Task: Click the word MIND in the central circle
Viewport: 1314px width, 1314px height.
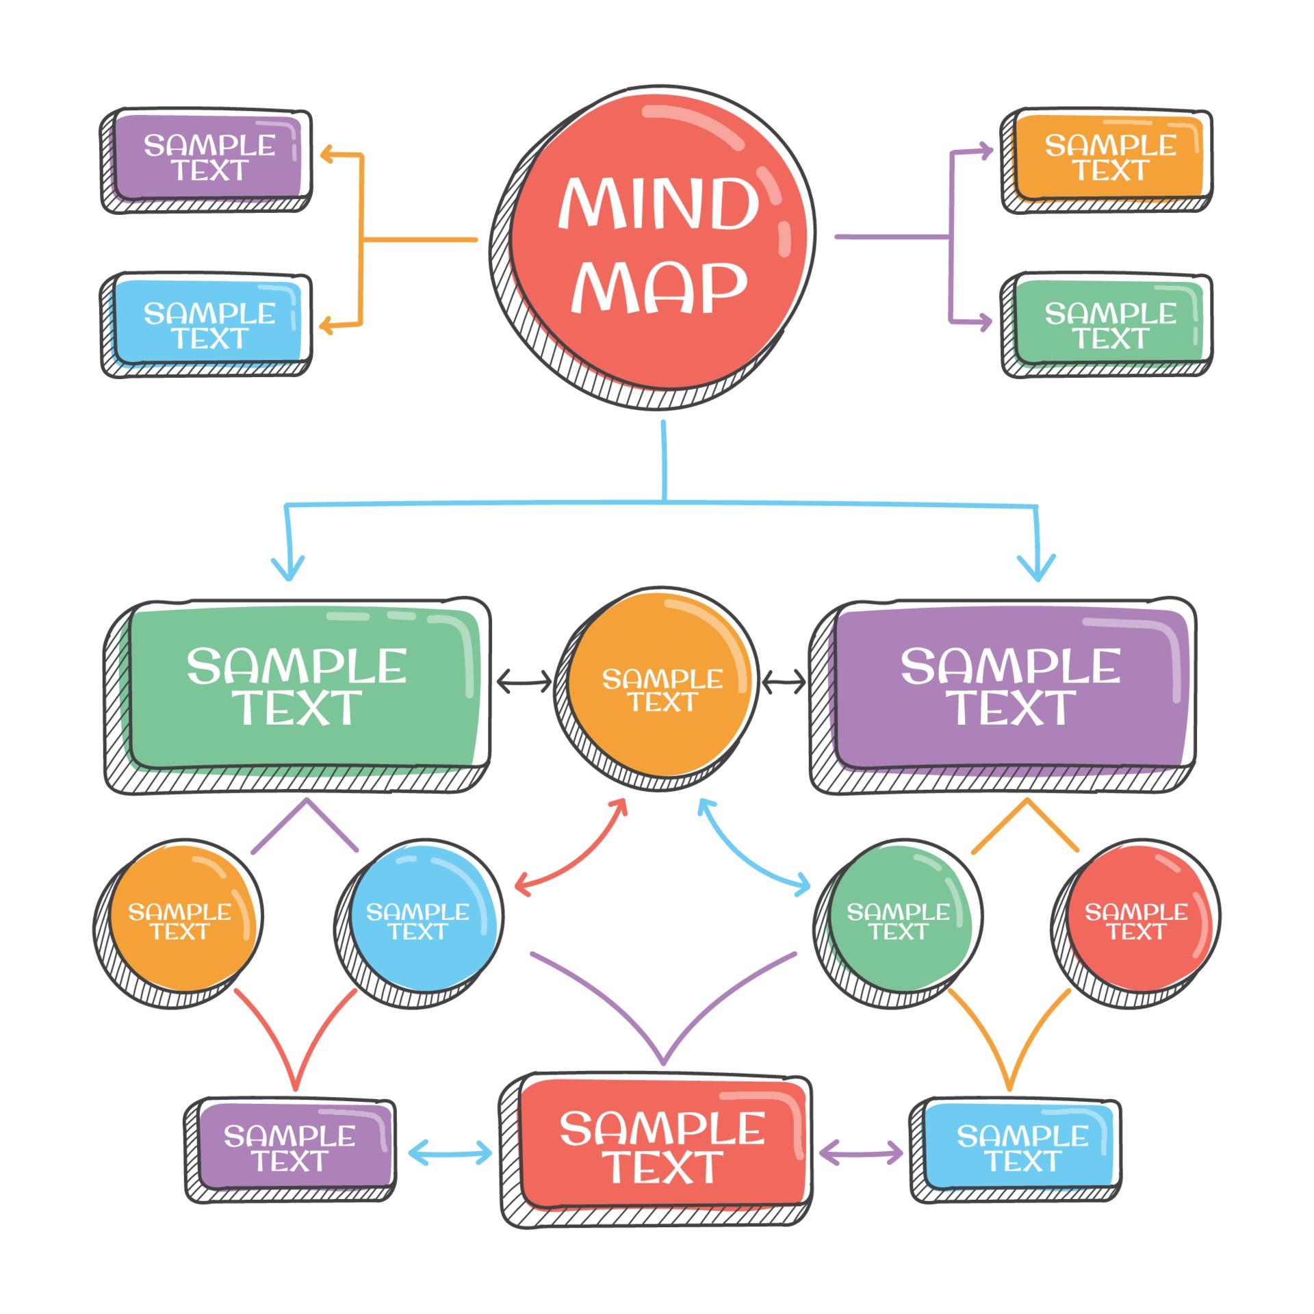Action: (658, 203)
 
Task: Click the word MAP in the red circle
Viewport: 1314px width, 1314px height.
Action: (658, 287)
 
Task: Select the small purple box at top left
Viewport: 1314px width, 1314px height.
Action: (209, 158)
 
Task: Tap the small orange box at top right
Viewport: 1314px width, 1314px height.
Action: (1109, 158)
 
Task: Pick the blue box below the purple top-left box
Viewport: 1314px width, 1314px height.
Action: (209, 324)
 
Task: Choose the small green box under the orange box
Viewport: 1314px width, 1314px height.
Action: (1109, 324)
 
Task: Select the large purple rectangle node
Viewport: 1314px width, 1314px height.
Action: (1009, 688)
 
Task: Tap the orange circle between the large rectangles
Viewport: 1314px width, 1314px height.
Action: (660, 689)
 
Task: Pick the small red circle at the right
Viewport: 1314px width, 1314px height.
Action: (1136, 920)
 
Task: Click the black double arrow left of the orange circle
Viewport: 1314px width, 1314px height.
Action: (524, 682)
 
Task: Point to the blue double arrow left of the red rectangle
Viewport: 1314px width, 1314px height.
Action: (450, 1153)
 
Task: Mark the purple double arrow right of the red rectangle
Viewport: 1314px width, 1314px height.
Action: (860, 1153)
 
